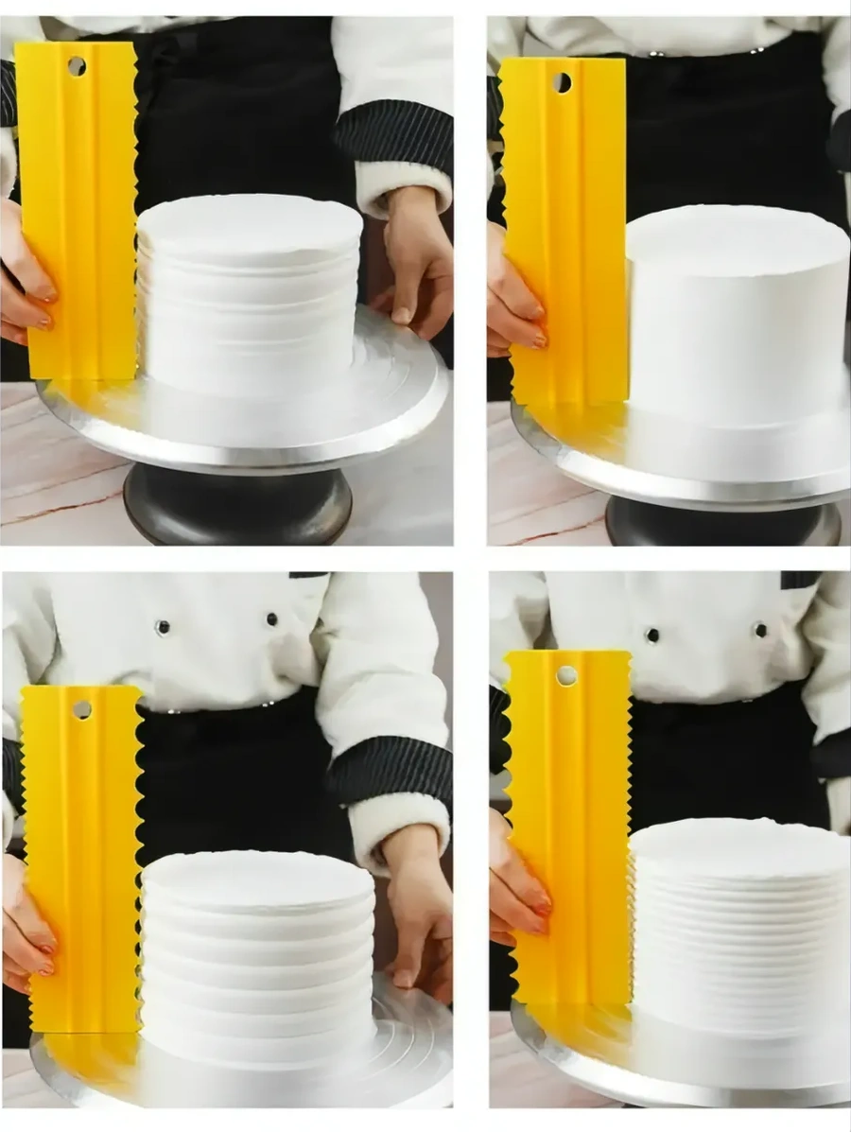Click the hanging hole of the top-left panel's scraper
[77, 66]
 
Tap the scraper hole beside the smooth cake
[562, 82]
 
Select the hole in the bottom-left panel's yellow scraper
[81, 708]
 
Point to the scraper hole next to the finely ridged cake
[566, 675]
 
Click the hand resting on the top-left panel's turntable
[414, 260]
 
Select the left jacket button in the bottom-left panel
[164, 627]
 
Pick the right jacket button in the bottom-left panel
[272, 619]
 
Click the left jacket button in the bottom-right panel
[652, 635]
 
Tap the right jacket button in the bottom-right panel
[759, 629]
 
